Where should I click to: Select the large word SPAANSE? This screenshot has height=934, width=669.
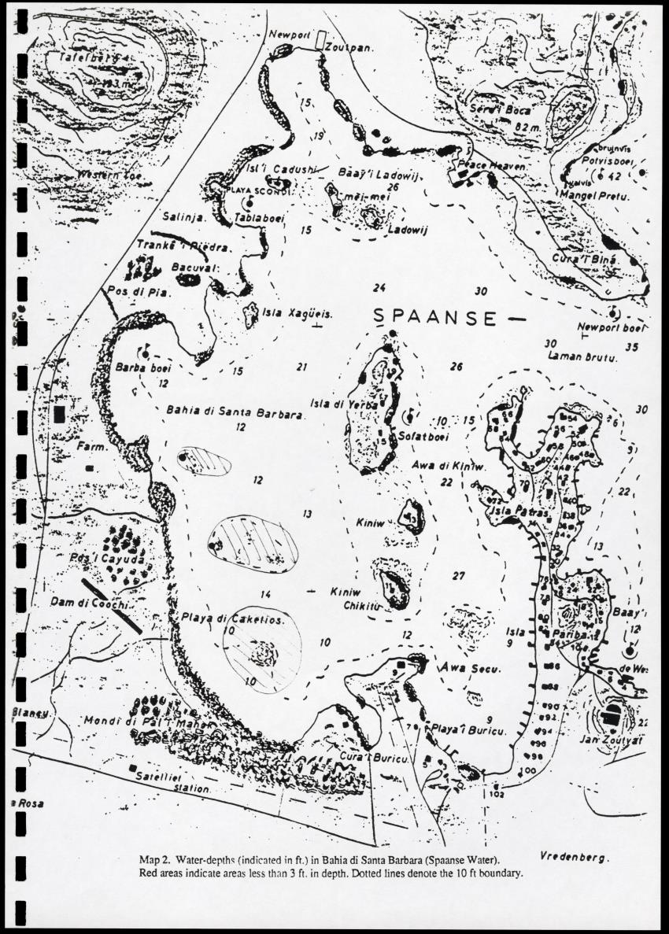click(434, 317)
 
